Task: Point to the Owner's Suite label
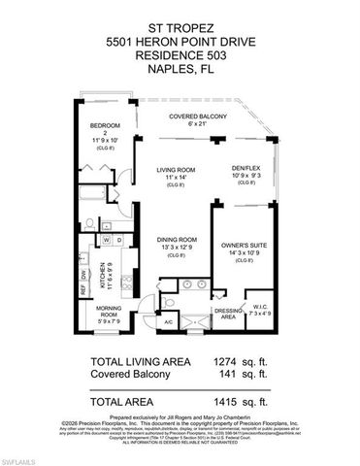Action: coord(245,246)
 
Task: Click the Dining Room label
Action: coord(177,240)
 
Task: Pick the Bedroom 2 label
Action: coord(104,129)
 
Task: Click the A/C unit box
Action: coord(168,321)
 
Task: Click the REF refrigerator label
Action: coord(82,288)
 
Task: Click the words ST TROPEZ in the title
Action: coord(179,11)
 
